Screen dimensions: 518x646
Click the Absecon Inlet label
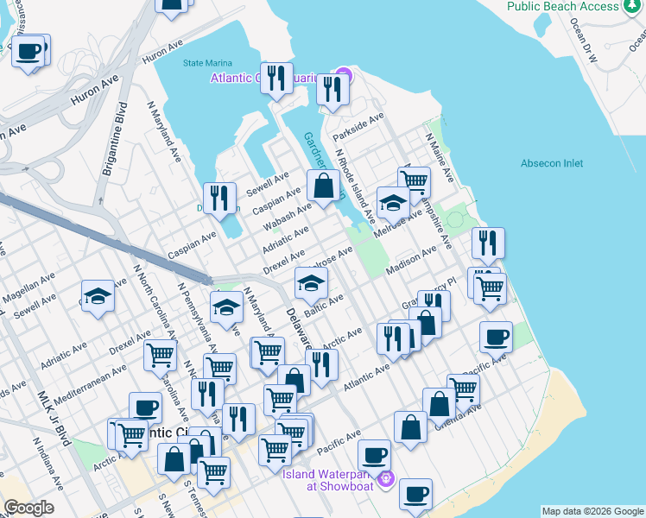[552, 163]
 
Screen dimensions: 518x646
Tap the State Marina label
[207, 62]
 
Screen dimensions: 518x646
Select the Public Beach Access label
[575, 7]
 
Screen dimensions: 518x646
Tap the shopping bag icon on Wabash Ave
[324, 186]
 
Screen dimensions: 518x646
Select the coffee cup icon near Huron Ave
[30, 51]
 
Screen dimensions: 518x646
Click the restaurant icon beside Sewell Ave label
[220, 198]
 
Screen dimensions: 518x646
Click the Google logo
[28, 508]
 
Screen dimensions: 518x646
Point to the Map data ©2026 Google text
[592, 511]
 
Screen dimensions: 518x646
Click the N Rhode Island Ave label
[355, 182]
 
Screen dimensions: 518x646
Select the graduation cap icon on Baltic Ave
[311, 281]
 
